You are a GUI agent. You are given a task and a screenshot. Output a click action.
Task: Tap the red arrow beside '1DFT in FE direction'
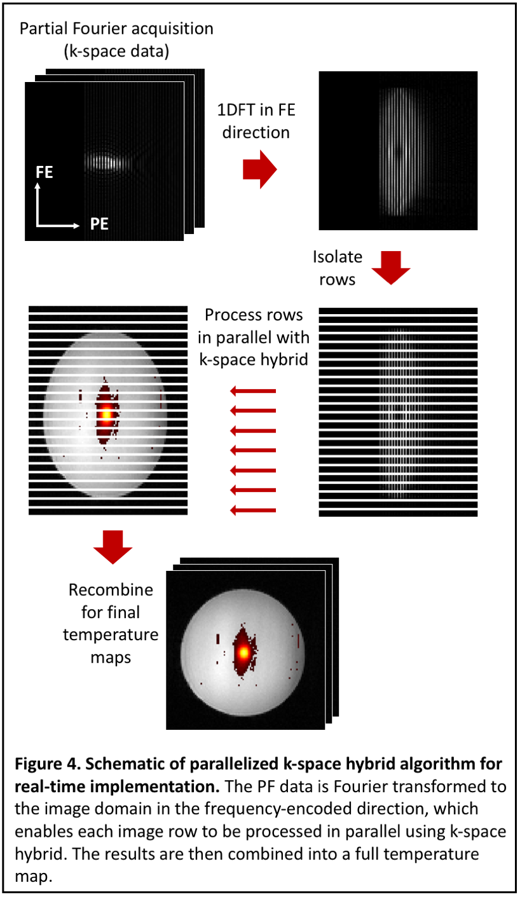point(259,170)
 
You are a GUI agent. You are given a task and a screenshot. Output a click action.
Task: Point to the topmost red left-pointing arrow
point(253,390)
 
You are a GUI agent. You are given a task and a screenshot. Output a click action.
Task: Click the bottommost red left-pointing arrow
point(253,509)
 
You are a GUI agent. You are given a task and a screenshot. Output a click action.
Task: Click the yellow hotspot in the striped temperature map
point(106,415)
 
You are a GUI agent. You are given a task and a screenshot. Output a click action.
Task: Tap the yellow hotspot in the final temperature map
point(243,652)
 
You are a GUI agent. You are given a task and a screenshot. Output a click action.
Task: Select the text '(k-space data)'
point(116,52)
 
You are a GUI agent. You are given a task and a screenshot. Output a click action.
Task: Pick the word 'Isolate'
point(338,257)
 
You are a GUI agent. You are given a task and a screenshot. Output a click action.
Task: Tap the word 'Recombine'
point(111,590)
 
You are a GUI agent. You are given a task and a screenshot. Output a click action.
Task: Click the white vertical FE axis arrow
point(39,203)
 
